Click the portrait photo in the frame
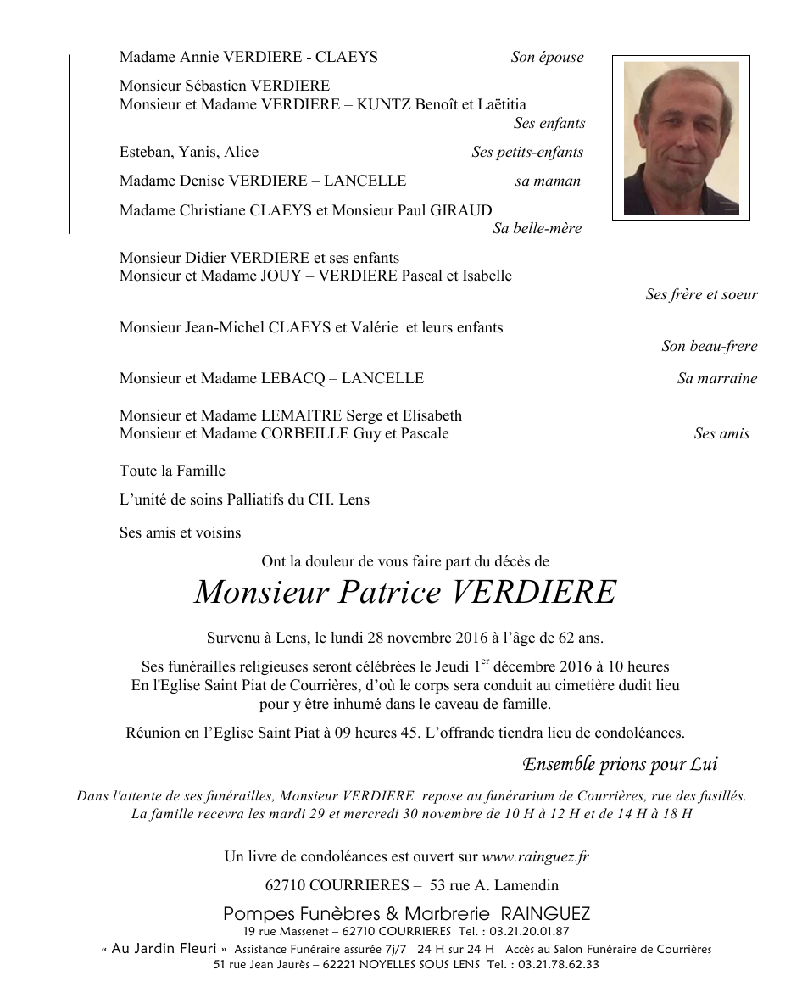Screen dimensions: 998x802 click(x=681, y=137)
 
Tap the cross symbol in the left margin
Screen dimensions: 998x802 click(x=69, y=99)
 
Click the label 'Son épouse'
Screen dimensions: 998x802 click(x=547, y=58)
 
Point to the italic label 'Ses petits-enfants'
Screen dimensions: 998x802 click(x=527, y=152)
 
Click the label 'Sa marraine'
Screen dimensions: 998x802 click(x=716, y=378)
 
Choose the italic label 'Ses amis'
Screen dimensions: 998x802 click(x=721, y=433)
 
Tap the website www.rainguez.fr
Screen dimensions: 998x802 click(x=535, y=856)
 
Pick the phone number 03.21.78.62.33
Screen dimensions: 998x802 click(x=557, y=964)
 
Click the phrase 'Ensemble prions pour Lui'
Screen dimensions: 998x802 click(x=620, y=764)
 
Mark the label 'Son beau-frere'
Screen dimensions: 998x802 click(x=709, y=346)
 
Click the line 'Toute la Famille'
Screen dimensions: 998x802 click(x=172, y=471)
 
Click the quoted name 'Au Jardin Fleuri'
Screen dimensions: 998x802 click(x=164, y=948)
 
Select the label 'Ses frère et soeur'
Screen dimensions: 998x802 click(x=701, y=294)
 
